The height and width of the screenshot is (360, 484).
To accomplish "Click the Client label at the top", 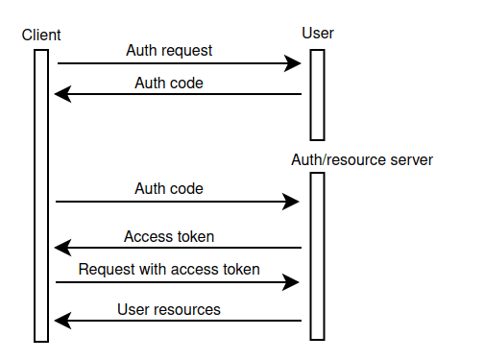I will click(41, 36).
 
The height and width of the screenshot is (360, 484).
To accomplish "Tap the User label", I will click(318, 35).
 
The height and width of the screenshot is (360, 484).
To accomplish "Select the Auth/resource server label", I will click(362, 159).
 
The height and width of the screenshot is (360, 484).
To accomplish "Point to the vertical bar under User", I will click(317, 94).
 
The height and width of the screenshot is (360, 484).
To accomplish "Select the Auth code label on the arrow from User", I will click(169, 83).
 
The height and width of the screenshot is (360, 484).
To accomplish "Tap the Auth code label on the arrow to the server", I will click(169, 189).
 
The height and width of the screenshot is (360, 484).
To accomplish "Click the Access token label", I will click(169, 236).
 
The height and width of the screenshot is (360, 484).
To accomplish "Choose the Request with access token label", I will click(169, 270).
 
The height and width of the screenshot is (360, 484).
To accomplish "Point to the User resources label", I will click(169, 309).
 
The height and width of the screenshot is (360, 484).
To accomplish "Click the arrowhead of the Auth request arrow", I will click(296, 64).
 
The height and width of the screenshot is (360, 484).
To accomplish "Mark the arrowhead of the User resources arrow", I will click(60, 322).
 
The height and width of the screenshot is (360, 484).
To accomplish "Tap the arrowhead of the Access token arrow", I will click(60, 249).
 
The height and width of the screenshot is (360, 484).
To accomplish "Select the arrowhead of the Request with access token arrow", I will click(294, 283).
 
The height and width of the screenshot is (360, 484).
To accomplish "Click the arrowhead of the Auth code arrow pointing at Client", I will click(60, 94).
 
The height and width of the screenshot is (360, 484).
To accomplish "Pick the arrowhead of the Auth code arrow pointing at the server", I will click(294, 202).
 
